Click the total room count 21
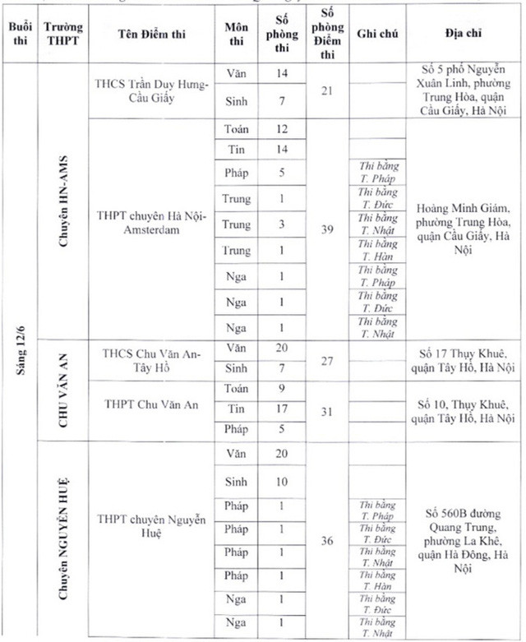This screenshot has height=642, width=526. tap(327, 90)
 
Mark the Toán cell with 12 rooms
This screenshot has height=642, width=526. tap(281, 129)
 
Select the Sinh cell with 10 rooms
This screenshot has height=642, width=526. tap(281, 482)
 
